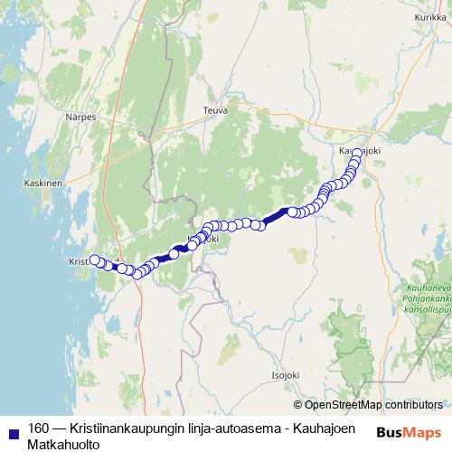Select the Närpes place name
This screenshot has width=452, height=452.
point(80,118)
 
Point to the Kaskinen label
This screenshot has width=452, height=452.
point(42,182)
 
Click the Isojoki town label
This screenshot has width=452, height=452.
point(285,372)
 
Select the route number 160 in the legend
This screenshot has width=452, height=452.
point(39,428)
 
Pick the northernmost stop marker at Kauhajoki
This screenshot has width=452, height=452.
point(357,153)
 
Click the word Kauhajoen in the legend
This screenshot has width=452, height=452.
point(323,428)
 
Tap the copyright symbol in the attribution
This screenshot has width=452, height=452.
point(299,405)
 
